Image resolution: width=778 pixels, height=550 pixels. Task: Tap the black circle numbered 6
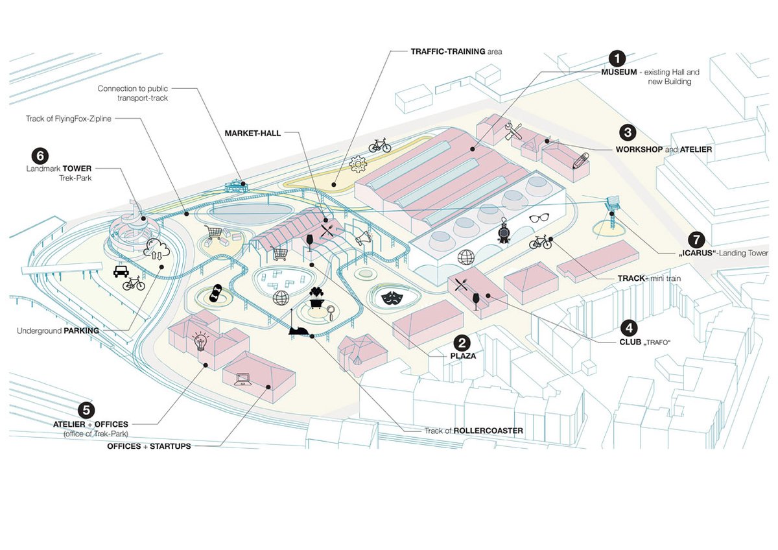point(40,155)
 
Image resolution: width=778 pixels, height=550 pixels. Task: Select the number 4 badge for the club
point(628,328)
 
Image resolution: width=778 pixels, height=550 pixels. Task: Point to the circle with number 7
point(696,240)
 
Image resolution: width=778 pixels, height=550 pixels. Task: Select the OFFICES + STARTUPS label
point(149,446)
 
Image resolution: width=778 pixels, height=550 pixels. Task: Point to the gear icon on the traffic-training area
point(358,165)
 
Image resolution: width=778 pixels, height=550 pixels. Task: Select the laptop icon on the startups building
point(244,378)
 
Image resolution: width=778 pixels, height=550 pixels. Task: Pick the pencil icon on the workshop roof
point(580,159)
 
